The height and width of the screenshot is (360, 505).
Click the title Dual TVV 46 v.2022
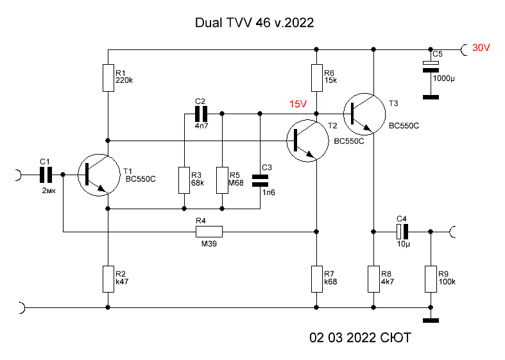point(253,24)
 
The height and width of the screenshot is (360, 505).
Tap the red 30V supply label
point(481,48)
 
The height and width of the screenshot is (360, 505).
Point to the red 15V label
point(298,104)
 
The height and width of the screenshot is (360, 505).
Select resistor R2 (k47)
point(108,279)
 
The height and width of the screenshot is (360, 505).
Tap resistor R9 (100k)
point(431,279)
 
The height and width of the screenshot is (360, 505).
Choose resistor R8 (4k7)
point(373,279)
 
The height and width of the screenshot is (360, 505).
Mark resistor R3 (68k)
point(184,180)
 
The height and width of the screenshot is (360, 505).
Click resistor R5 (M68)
point(222,180)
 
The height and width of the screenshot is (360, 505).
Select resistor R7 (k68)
point(316,279)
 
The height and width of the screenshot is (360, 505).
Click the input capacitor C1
point(46,174)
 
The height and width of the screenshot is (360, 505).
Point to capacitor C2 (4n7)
point(201,114)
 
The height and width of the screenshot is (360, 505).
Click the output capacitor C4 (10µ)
point(402,230)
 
